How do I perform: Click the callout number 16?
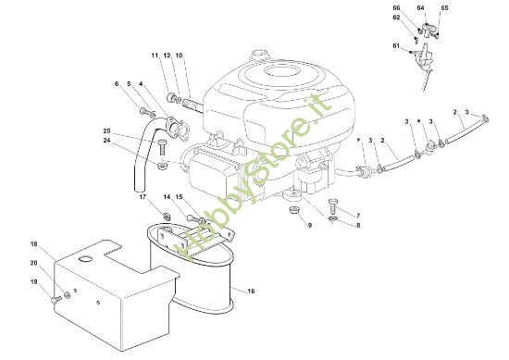[251, 292]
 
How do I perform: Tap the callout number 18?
[34, 244]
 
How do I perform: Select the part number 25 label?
[106, 131]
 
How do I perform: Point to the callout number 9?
[310, 225]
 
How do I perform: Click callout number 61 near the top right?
[396, 46]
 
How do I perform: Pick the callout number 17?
[143, 197]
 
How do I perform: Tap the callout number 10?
[179, 56]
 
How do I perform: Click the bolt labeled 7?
[333, 205]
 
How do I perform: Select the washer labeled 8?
[333, 219]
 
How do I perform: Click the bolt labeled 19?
[56, 300]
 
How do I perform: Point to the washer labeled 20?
[68, 294]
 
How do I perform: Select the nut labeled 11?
[171, 97]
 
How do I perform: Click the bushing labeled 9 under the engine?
[294, 209]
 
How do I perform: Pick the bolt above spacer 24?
[162, 147]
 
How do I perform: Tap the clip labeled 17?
[167, 216]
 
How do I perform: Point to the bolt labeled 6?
[143, 111]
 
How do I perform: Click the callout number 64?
[420, 8]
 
